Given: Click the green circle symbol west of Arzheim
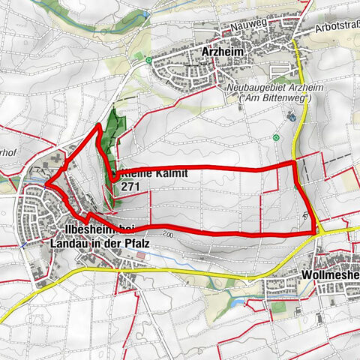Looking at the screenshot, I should (150, 60).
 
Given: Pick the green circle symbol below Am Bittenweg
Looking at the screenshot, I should (277, 137).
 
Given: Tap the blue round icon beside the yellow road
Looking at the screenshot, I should (292, 117).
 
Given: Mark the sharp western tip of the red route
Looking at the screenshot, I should (44, 181).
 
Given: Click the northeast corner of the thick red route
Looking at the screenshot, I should (293, 162).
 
